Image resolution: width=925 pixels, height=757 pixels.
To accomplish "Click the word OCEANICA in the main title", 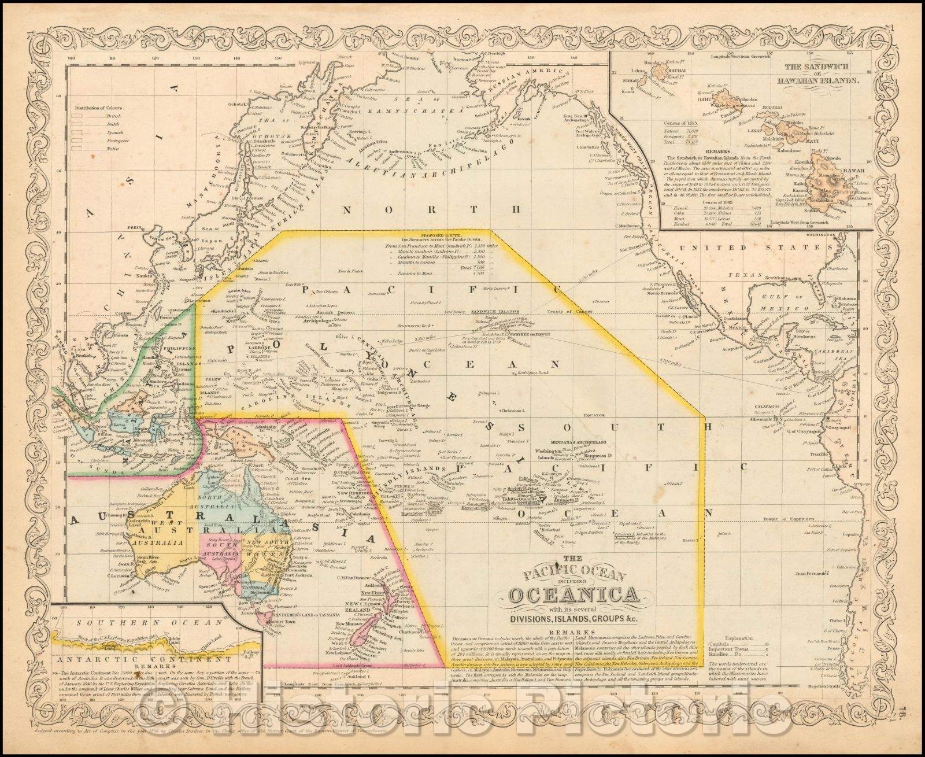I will pyautogui.click(x=571, y=595).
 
